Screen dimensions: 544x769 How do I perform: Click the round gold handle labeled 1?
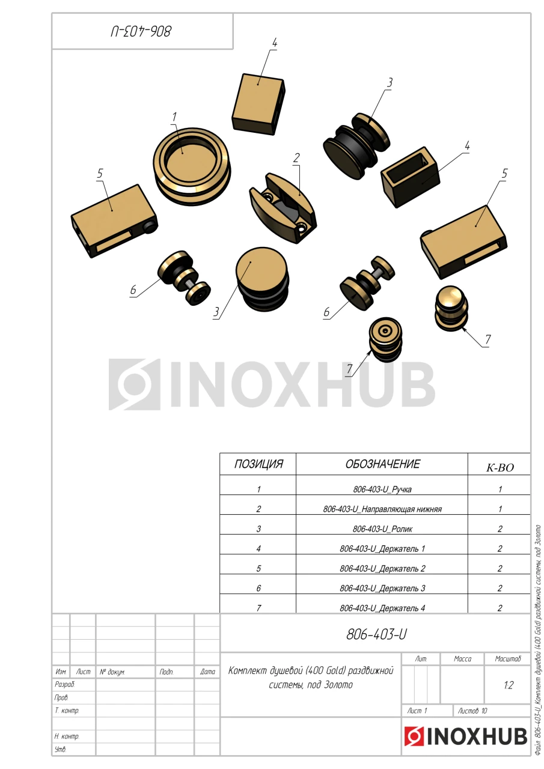pos(192,167)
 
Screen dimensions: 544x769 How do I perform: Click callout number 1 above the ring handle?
pos(174,117)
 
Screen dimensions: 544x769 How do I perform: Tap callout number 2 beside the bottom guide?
pos(296,158)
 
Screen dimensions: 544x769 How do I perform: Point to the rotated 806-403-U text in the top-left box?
pos(141,32)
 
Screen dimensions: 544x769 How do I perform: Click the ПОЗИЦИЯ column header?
pos(258,464)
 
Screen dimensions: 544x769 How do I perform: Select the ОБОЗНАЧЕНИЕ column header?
pos(382,464)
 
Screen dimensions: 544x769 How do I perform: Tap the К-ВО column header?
pos(500,467)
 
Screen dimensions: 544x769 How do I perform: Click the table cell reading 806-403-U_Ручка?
pos(382,489)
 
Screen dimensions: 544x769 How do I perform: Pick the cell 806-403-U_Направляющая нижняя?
pos(382,509)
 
